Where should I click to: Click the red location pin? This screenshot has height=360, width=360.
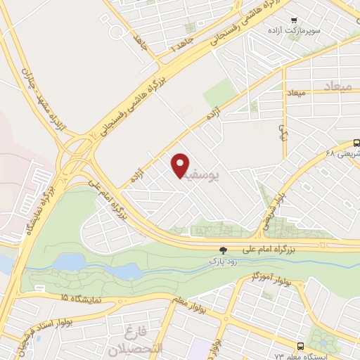pyautogui.click(x=181, y=165)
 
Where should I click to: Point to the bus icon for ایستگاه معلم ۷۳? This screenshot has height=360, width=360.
pyautogui.click(x=301, y=346)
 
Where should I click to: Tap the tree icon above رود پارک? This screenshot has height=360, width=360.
pyautogui.click(x=224, y=250)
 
